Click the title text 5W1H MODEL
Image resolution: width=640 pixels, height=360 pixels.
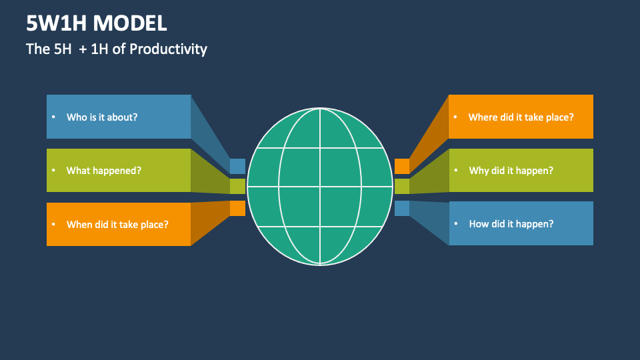tap(97, 23)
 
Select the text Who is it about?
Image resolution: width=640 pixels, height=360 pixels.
tap(102, 117)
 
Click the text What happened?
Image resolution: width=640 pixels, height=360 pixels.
tap(104, 171)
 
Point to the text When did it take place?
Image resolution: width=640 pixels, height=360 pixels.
tap(117, 225)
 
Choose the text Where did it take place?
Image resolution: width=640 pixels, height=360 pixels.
tap(521, 117)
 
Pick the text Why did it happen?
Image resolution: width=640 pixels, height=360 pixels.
tap(511, 171)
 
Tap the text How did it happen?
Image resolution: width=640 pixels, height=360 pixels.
tap(511, 224)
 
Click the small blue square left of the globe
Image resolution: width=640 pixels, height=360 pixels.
tap(237, 166)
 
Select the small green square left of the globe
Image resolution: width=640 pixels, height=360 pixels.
tap(237, 187)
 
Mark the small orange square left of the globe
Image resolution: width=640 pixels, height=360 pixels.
tap(237, 208)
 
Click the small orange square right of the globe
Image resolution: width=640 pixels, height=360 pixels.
tap(402, 166)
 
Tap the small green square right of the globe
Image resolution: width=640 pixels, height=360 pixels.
tap(402, 187)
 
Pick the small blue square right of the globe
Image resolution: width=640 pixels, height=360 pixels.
tap(402, 208)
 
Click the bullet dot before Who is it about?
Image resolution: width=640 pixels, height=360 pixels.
tap(53, 117)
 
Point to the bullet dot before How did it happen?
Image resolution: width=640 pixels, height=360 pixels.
tap(456, 225)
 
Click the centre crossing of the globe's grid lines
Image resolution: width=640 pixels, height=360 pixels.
tap(320, 187)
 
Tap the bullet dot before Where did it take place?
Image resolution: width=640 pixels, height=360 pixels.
tap(455, 117)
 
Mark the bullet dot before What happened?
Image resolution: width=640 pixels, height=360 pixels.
tap(53, 171)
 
